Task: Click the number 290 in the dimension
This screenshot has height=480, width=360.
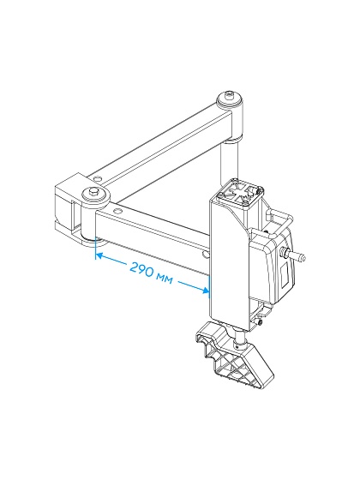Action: [141, 269]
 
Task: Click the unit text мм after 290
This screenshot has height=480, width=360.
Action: [165, 279]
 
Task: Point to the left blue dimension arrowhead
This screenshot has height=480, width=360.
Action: [99, 255]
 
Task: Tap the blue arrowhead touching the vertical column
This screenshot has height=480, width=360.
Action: [205, 291]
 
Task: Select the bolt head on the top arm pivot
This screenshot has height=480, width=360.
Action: [229, 96]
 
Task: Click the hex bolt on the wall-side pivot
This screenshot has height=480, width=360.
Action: [92, 192]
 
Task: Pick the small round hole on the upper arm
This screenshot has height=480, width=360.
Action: [98, 178]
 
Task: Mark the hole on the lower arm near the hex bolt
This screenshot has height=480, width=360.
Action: [117, 210]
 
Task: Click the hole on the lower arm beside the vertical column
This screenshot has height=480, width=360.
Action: [207, 255]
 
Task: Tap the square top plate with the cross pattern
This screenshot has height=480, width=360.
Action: [239, 195]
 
